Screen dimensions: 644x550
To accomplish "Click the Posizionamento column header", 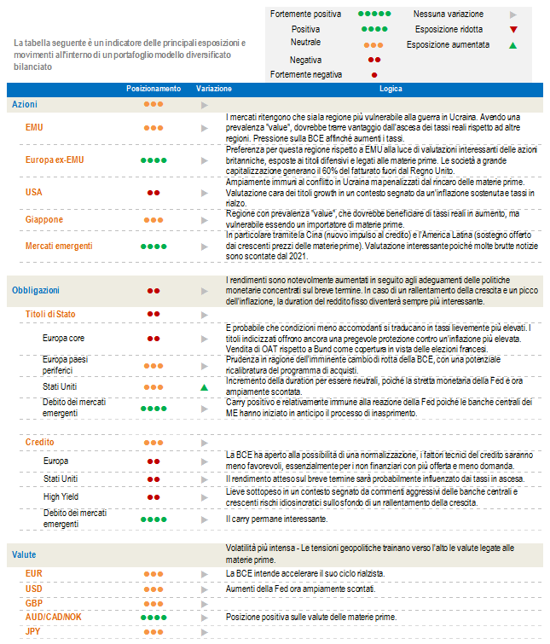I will pos(153,88).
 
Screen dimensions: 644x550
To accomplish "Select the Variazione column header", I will pos(213,88).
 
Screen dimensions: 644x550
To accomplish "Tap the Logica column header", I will pos(380,88).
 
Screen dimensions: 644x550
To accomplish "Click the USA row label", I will pos(34,193).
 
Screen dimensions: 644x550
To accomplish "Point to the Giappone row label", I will pos(44,220).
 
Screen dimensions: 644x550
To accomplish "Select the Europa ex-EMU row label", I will pos(54,160).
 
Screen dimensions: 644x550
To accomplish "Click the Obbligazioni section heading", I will pos(36,290).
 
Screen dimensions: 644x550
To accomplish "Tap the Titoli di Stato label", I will pos(50,314).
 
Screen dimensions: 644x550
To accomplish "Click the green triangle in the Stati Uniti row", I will pos(204,387).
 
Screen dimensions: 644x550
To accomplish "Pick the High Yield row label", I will pos(61,496).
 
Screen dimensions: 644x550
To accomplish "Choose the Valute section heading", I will pos(24,554).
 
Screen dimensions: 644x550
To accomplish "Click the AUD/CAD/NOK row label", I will pos(54,616).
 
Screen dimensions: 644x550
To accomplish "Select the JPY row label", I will pos(33,631).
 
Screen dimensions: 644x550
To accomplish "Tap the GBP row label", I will pos(34,602).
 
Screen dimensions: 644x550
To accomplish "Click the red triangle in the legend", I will pos(512,29).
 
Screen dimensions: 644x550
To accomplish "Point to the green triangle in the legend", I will pos(512,44).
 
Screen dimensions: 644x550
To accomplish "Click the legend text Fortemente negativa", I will pos(305,75).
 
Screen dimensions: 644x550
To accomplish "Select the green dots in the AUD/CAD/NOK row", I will pos(153,617).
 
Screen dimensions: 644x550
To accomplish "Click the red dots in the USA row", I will pos(153,193).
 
